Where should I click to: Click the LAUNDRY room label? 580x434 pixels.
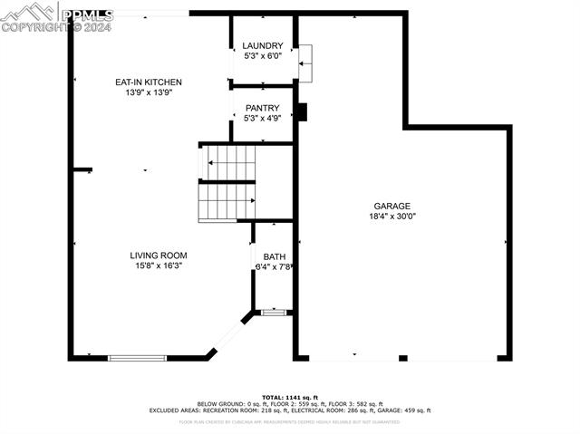coord(262,45)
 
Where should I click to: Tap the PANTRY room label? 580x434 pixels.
coord(262,108)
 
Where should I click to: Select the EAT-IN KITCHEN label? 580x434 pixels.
coord(148,82)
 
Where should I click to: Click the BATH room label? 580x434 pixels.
coord(274,257)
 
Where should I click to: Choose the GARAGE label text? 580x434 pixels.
coord(392,206)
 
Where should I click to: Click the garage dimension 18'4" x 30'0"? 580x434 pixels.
coord(392,217)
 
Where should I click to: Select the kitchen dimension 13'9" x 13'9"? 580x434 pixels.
coord(148,92)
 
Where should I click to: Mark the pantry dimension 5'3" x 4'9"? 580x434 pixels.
coord(262,118)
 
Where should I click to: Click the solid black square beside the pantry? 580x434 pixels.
coord(303,112)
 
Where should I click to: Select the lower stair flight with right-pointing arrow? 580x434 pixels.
coord(227,202)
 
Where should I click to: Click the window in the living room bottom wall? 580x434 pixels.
coord(137,358)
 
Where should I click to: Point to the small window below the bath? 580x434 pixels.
coord(274,313)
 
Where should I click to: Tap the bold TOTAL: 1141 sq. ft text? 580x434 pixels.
coord(289,397)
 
